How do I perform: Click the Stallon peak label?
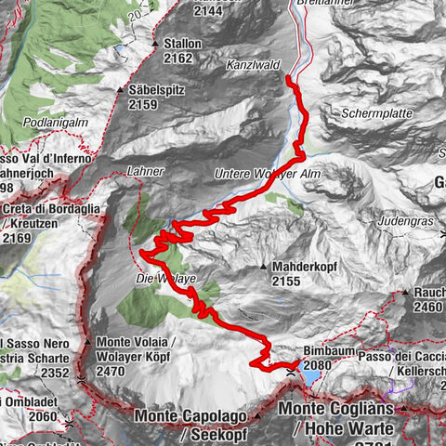pyautogui.click(x=182, y=44)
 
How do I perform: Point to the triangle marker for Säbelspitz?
pyautogui.click(x=121, y=90)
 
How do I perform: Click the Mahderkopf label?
pyautogui.click(x=308, y=266)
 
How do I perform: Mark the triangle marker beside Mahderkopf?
pyautogui.click(x=264, y=267)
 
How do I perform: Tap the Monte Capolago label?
pyautogui.click(x=203, y=414)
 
